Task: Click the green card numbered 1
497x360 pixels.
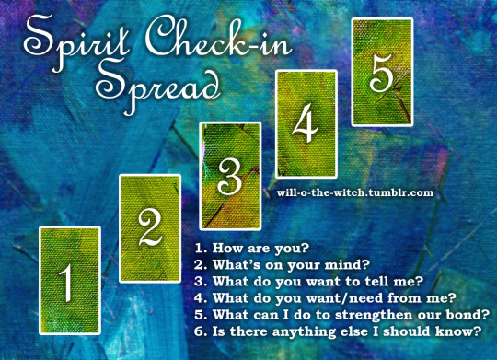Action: pyautogui.click(x=70, y=281)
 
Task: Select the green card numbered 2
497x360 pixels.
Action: pyautogui.click(x=150, y=228)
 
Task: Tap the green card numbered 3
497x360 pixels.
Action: pyautogui.click(x=230, y=176)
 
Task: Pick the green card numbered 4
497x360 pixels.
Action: pyautogui.click(x=306, y=124)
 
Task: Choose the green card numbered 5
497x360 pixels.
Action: pyautogui.click(x=382, y=73)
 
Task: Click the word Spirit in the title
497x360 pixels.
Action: pyautogui.click(x=76, y=41)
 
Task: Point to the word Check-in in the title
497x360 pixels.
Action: pyautogui.click(x=218, y=38)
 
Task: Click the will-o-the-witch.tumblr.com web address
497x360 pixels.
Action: pyautogui.click(x=355, y=192)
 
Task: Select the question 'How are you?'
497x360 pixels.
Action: pyautogui.click(x=260, y=249)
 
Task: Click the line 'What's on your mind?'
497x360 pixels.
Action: pyautogui.click(x=291, y=265)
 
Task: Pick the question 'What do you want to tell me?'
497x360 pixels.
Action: pyautogui.click(x=318, y=282)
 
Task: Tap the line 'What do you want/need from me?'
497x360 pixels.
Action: pyautogui.click(x=334, y=298)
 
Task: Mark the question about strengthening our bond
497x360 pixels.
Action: pyautogui.click(x=352, y=315)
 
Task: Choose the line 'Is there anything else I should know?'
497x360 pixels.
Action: pyautogui.click(x=347, y=331)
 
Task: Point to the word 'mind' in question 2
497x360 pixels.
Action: pyautogui.click(x=343, y=265)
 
